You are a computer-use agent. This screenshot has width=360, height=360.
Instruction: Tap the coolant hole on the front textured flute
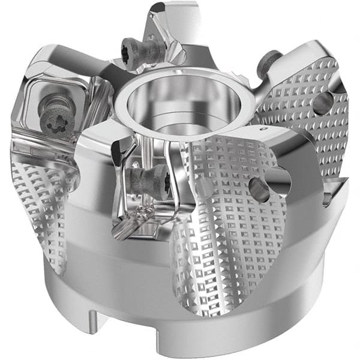point(259,189)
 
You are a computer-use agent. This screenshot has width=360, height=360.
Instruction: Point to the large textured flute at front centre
point(222,228)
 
